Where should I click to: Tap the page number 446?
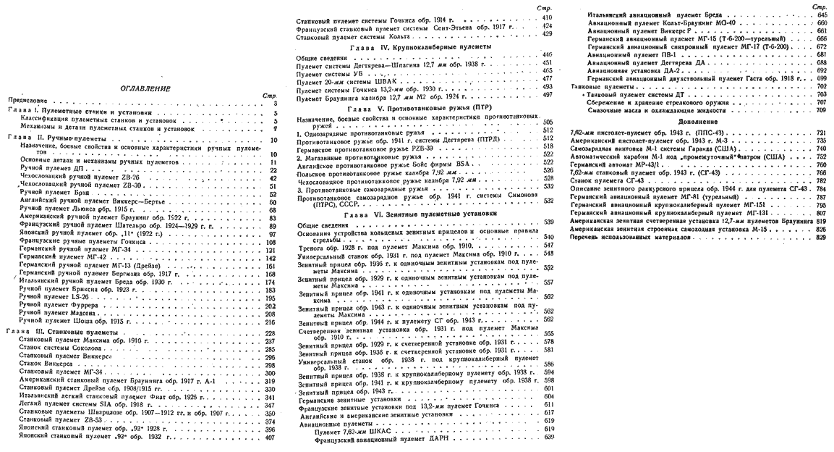tap(548, 54)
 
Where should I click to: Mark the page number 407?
tap(271, 437)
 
